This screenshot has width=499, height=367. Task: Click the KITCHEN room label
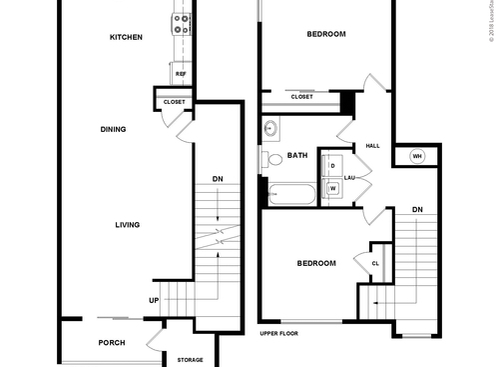pyautogui.click(x=127, y=38)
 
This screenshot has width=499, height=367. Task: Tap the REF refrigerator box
pyautogui.click(x=181, y=74)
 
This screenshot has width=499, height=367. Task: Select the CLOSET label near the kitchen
pyautogui.click(x=174, y=101)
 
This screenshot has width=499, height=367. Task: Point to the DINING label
pyautogui.click(x=113, y=129)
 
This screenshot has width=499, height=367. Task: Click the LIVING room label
pyautogui.click(x=126, y=225)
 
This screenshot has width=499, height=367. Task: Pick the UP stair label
pyautogui.click(x=154, y=300)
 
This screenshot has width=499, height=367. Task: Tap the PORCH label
pyautogui.click(x=112, y=343)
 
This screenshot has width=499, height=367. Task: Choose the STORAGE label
pyautogui.click(x=190, y=360)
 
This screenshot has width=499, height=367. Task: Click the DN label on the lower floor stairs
pyautogui.click(x=218, y=180)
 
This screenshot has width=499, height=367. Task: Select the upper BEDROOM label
pyautogui.click(x=325, y=35)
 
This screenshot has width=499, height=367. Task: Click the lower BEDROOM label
pyautogui.click(x=316, y=264)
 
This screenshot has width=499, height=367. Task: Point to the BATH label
pyautogui.click(x=297, y=155)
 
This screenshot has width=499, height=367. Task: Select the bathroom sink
pyautogui.click(x=271, y=128)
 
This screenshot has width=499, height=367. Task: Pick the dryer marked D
pyautogui.click(x=332, y=166)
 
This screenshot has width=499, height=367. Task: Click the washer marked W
pyautogui.click(x=332, y=188)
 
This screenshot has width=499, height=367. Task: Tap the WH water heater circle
pyautogui.click(x=417, y=156)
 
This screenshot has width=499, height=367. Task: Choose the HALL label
pyautogui.click(x=373, y=146)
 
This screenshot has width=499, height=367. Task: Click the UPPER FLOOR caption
pyautogui.click(x=279, y=333)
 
